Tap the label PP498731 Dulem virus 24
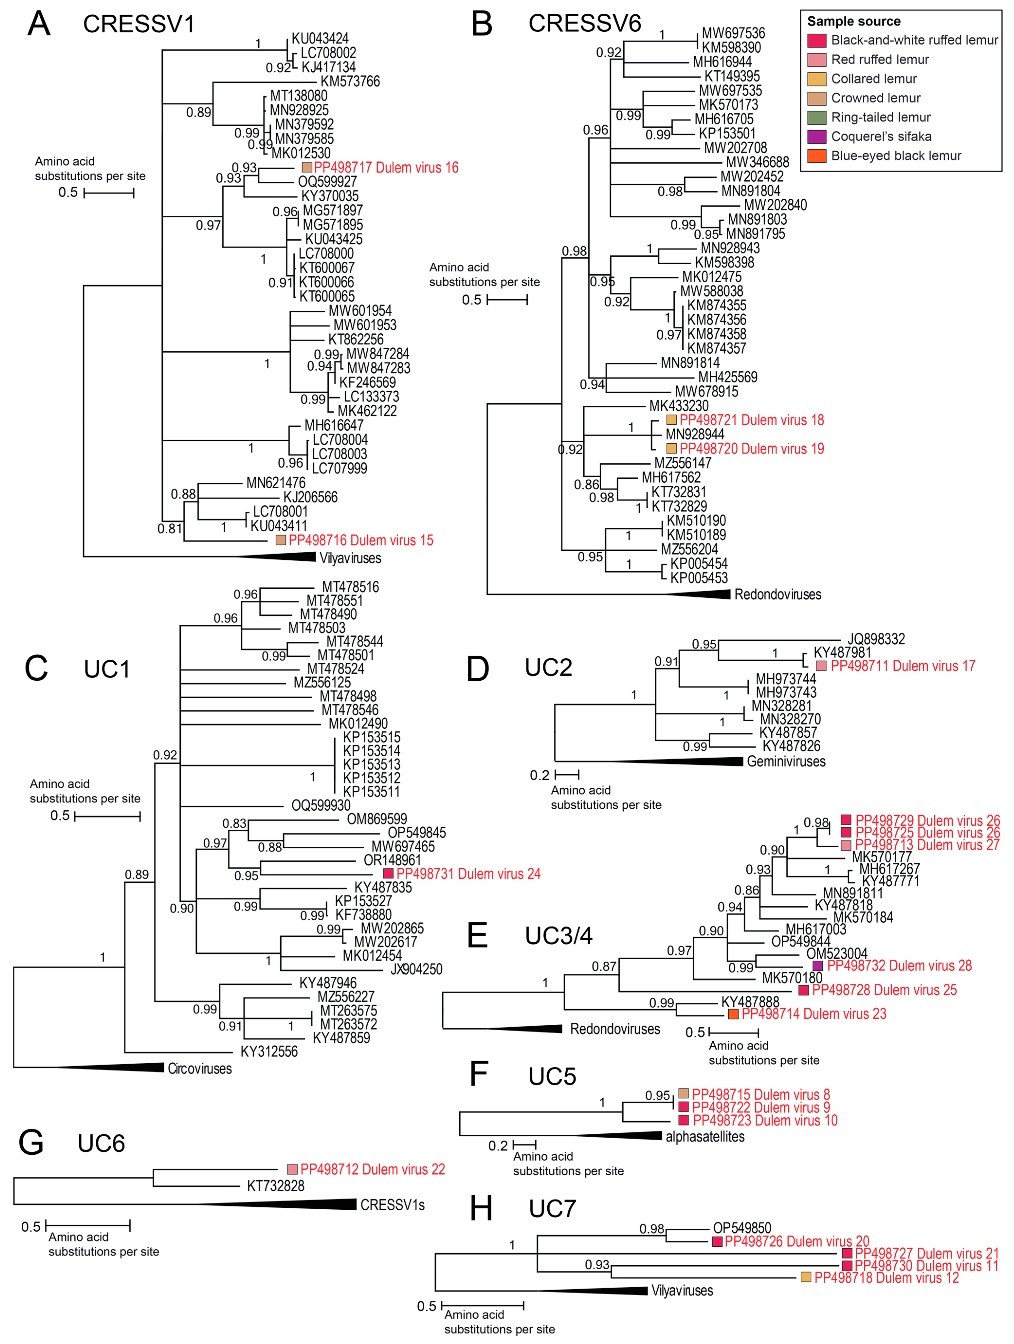point(468,874)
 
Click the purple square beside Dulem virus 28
point(818,965)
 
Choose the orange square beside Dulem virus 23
point(733,1014)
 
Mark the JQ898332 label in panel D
point(876,639)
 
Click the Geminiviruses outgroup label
point(786,761)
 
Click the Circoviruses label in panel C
point(200,1069)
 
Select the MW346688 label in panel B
point(757,162)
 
